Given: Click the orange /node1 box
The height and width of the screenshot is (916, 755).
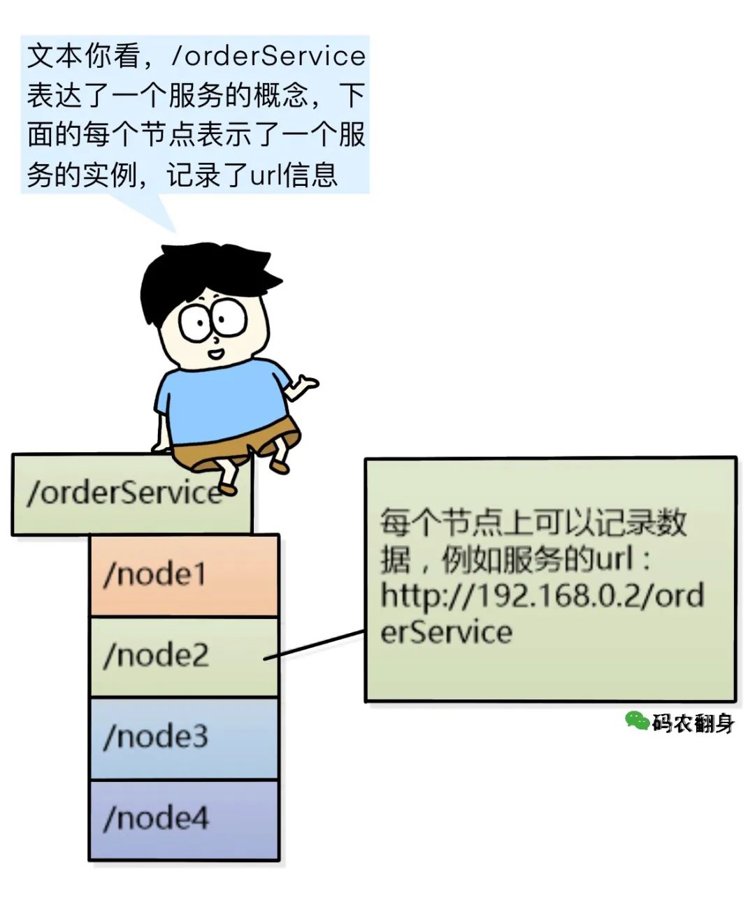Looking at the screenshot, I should (x=183, y=575).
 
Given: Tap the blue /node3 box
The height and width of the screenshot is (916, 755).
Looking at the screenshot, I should (x=183, y=737).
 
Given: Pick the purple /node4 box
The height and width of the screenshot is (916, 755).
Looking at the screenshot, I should (x=183, y=819).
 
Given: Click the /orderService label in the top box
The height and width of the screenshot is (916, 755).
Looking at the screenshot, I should (x=122, y=493).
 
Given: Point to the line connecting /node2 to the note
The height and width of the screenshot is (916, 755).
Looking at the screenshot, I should (x=315, y=644).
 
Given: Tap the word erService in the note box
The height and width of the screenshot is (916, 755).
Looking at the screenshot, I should (x=446, y=632).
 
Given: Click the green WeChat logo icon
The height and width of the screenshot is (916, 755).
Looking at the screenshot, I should (x=636, y=720).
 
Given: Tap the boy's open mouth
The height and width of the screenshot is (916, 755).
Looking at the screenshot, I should (x=216, y=353).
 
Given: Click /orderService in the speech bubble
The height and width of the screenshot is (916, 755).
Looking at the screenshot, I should (x=269, y=57).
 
